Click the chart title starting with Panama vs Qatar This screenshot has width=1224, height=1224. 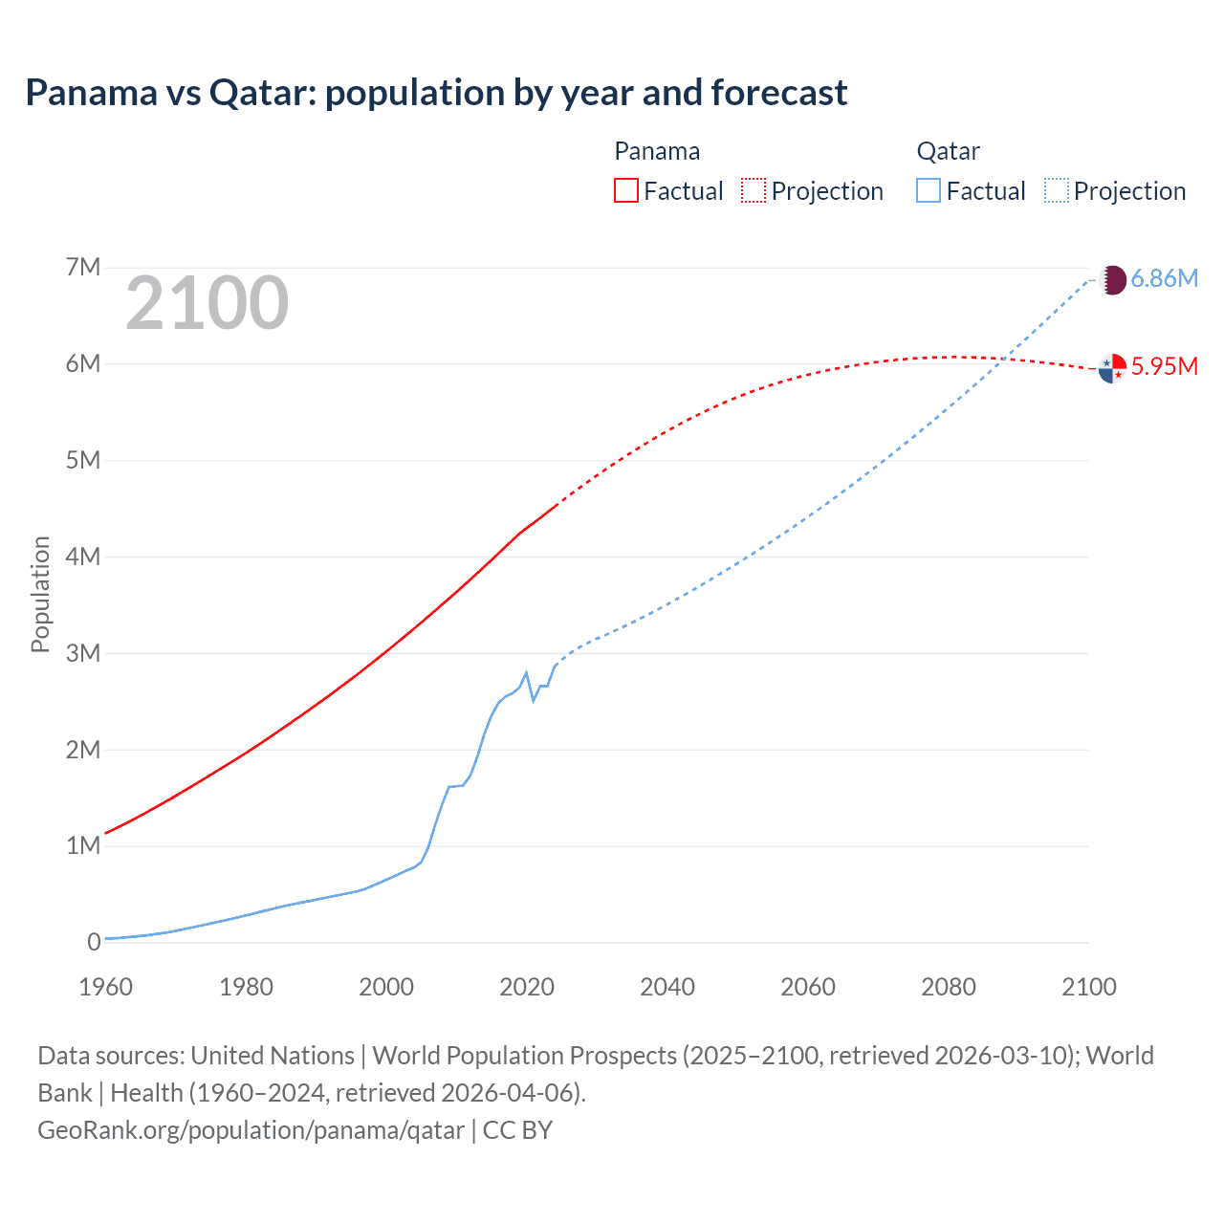click(436, 93)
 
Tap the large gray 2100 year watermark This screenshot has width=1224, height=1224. click(207, 303)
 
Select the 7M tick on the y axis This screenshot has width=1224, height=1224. click(83, 267)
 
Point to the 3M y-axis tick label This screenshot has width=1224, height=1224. click(83, 653)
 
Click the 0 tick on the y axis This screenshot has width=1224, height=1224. click(94, 942)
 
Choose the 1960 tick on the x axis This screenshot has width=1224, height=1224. click(106, 987)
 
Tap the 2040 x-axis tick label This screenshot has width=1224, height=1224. click(667, 987)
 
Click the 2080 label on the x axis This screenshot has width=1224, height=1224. click(949, 987)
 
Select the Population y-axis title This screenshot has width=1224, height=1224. click(40, 594)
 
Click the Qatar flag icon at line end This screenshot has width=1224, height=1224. click(1112, 280)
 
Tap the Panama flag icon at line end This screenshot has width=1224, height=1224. click(1112, 368)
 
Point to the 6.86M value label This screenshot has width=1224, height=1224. click(1164, 278)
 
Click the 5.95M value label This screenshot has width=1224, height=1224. click(1164, 366)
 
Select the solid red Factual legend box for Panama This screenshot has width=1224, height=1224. click(625, 190)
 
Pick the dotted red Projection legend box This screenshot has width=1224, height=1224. click(754, 190)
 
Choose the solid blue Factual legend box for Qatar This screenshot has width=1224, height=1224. click(929, 190)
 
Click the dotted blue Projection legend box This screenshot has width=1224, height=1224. click(1057, 190)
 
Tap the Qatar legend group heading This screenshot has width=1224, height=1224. click(948, 151)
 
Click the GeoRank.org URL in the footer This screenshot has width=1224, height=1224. click(251, 1129)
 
